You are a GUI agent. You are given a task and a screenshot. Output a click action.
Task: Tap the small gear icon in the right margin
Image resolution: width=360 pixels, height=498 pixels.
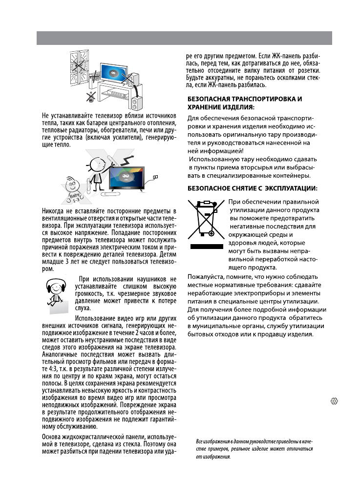point(335,401)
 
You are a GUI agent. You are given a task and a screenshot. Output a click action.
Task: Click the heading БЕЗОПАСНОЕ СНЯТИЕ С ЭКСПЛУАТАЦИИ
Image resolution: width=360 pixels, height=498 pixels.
point(253,188)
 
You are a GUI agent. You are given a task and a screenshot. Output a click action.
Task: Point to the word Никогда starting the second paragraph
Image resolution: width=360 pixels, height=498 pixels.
point(56,210)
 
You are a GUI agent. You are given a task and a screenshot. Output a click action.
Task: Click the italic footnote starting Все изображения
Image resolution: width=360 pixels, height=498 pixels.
point(254,449)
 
